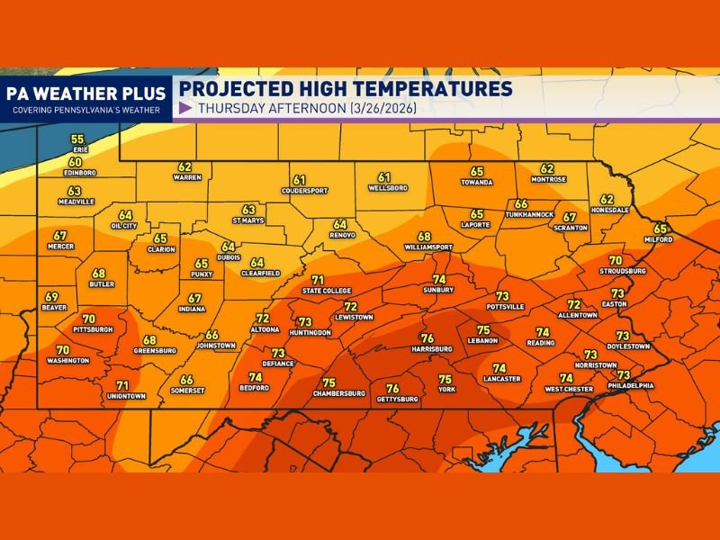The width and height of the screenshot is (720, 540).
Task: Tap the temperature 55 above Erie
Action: click(77, 139)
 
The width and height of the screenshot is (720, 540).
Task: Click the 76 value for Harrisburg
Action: click(427, 338)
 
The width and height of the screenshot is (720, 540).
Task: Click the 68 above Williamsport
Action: click(424, 236)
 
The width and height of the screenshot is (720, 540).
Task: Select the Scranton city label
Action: click(570, 228)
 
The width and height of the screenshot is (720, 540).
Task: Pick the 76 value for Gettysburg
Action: click(392, 388)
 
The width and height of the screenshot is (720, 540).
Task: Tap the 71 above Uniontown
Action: click(122, 385)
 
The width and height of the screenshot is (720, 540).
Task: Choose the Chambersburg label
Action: click(338, 393)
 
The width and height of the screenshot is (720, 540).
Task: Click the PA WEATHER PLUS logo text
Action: click(85, 94)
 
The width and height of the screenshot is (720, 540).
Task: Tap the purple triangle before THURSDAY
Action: click(185, 109)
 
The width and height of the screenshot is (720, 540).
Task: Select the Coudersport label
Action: click(304, 191)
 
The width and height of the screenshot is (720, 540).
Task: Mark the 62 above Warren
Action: click(184, 166)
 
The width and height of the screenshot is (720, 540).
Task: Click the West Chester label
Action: click(569, 389)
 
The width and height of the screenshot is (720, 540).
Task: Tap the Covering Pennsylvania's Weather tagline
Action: click(85, 111)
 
